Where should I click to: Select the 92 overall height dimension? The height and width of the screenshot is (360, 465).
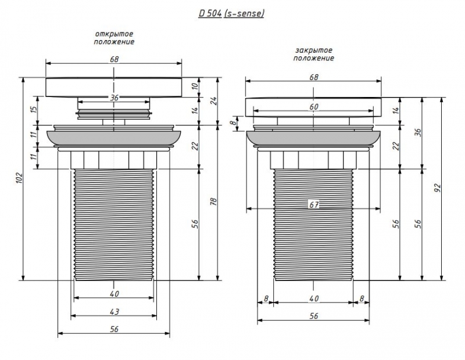[438, 187]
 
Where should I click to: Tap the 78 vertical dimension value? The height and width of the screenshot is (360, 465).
[213, 201]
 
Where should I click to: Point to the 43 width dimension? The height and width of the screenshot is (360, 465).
[115, 312]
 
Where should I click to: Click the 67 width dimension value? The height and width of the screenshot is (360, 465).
[314, 204]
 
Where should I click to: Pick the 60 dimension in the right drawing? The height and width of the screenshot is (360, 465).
[314, 107]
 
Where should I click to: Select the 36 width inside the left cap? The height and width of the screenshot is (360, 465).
[115, 98]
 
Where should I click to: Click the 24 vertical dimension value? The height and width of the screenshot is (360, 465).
[213, 100]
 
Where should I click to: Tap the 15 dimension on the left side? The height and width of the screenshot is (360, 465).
[34, 108]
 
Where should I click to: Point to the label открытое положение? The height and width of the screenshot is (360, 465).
[115, 38]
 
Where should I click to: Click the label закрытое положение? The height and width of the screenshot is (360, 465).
[314, 55]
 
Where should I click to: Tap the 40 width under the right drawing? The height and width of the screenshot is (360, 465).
[314, 298]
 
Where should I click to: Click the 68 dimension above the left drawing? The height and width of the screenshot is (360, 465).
[115, 58]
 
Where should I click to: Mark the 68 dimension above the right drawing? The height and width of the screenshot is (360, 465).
[314, 77]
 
